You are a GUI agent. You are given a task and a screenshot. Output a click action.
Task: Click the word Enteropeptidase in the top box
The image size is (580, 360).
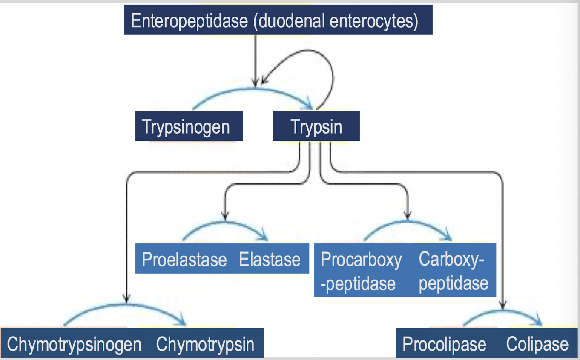click(x=190, y=20)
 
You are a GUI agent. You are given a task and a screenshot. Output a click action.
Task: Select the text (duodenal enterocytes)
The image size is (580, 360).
click(x=336, y=20)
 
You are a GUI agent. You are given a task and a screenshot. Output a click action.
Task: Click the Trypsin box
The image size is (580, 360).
click(x=316, y=126)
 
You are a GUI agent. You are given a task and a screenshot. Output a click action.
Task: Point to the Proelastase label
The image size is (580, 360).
click(x=184, y=259)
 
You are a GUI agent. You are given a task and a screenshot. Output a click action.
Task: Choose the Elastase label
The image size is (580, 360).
click(x=270, y=259)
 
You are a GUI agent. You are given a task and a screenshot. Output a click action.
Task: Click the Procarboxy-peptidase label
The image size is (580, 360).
click(x=361, y=271)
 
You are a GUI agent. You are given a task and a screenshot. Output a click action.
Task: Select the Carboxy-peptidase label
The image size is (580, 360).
click(x=453, y=271)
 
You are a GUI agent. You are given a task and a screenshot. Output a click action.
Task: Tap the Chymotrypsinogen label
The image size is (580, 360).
click(x=74, y=344)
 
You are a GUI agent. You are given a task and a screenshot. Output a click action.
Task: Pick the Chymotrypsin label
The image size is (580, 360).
click(x=205, y=344)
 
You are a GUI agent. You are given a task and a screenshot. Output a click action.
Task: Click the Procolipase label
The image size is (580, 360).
click(x=444, y=344)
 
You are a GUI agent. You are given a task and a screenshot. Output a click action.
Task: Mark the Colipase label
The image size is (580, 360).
click(x=537, y=344)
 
